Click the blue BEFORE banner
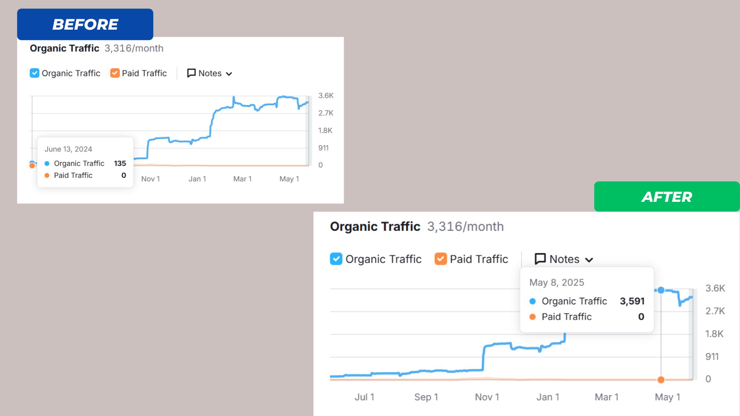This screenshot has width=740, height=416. [85, 24]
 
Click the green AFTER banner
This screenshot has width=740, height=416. [667, 197]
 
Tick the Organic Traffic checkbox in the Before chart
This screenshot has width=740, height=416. [34, 73]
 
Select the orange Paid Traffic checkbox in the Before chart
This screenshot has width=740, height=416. [115, 73]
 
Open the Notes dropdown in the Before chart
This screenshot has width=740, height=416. [210, 74]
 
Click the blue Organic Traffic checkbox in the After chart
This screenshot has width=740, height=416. [336, 259]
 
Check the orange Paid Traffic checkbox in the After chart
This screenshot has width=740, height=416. [441, 259]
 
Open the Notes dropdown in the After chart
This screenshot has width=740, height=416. [564, 259]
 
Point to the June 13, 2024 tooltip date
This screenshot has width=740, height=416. [68, 149]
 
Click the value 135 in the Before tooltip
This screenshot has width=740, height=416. [120, 163]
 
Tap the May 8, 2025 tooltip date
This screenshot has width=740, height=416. [557, 282]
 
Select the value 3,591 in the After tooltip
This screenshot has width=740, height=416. [632, 301]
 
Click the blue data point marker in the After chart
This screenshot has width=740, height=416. [661, 290]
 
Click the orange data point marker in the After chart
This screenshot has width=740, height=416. [661, 380]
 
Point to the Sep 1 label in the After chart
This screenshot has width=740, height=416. [426, 397]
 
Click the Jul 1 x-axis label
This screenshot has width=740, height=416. [364, 397]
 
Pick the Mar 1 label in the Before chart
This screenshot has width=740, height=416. [242, 179]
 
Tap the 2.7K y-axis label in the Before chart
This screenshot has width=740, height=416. [326, 113]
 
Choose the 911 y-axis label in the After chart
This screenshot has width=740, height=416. [712, 357]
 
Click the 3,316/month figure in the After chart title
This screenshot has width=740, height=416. [465, 226]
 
